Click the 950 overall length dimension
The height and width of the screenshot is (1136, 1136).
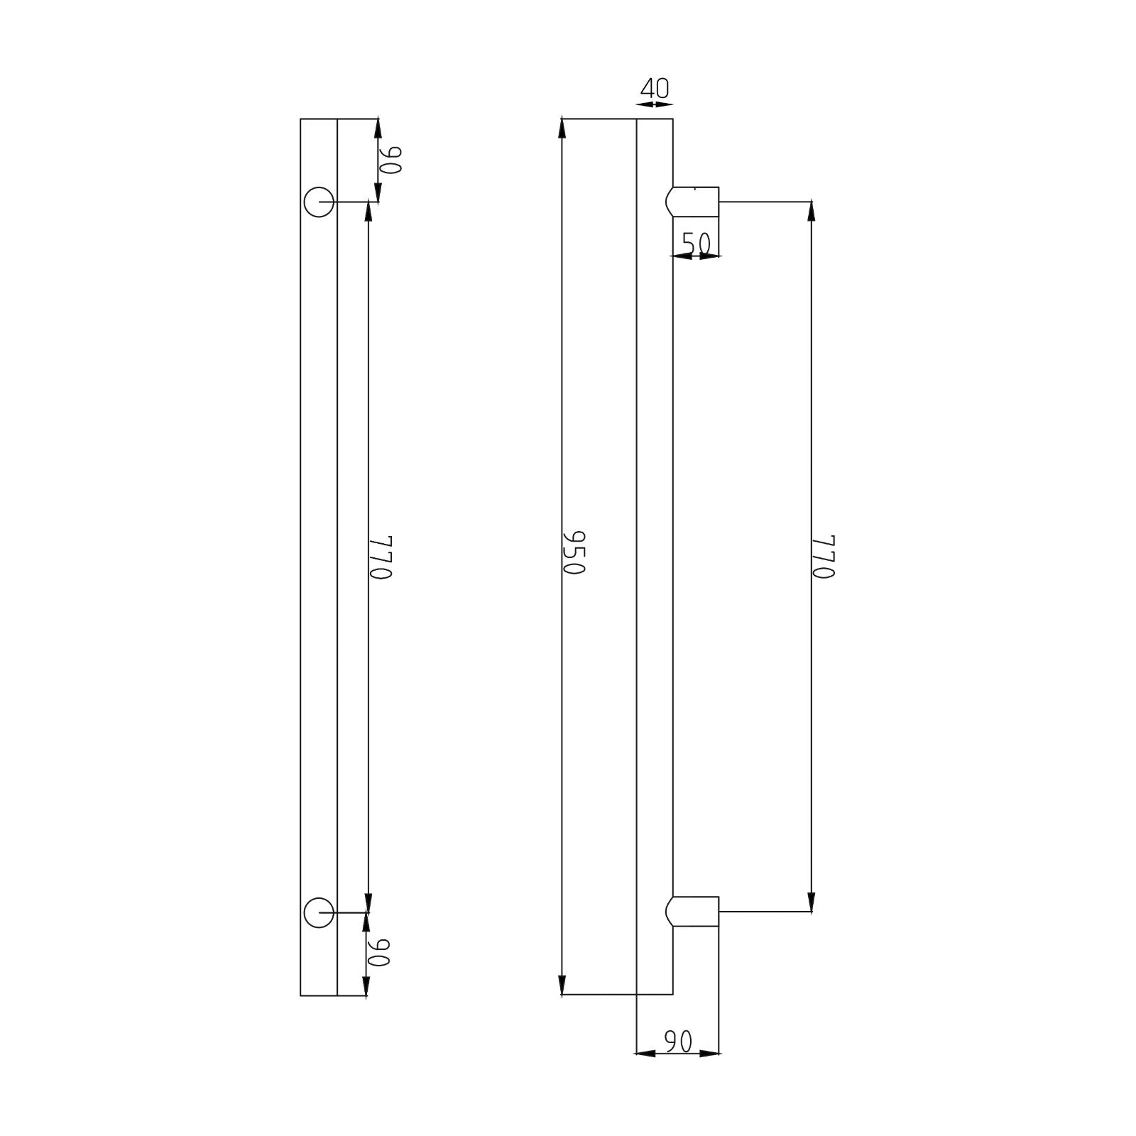573,552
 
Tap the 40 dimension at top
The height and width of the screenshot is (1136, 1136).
655,89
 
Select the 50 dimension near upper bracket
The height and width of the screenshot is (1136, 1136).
696,244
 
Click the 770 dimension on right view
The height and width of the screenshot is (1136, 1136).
823,557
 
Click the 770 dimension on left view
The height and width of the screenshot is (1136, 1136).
381,557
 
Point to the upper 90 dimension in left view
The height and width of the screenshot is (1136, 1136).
390,160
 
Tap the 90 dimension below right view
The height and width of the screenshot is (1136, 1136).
678,1042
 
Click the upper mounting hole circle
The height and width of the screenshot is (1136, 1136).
319,202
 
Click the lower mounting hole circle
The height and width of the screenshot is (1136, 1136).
319,912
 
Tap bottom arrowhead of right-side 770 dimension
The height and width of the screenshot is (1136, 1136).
811,902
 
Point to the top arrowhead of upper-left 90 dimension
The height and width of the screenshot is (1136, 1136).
378,128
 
